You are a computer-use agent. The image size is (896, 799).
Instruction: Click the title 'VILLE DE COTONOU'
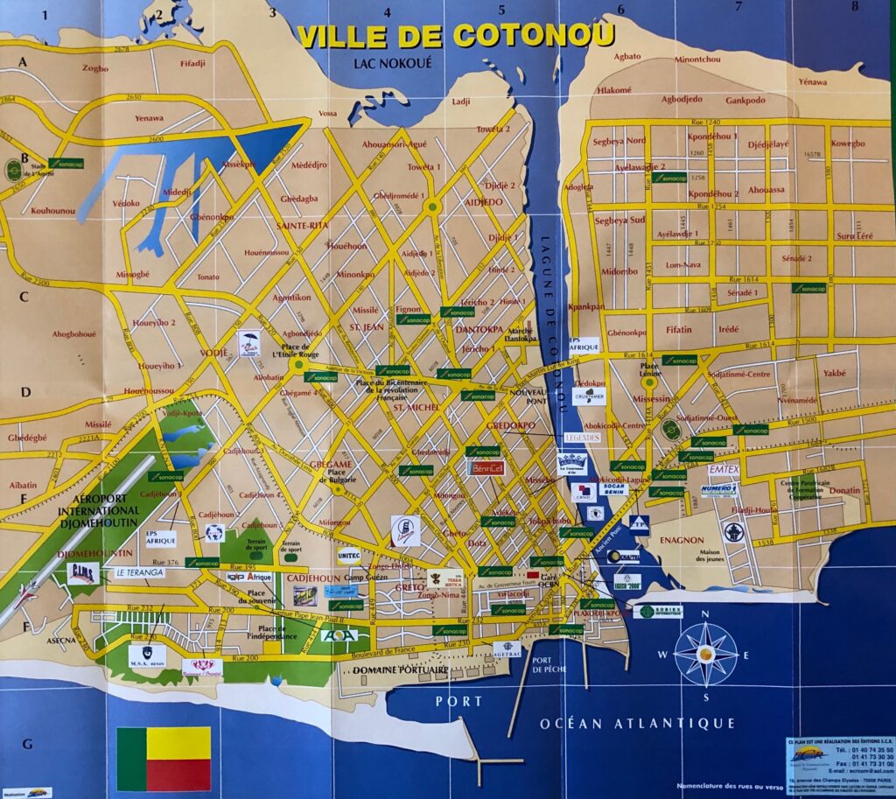[x=455, y=35]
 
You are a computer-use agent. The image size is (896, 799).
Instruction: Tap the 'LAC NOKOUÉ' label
[x=393, y=63]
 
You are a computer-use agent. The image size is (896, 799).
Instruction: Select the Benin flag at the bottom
[x=164, y=758]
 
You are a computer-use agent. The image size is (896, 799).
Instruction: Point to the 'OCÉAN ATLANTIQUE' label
[x=637, y=722]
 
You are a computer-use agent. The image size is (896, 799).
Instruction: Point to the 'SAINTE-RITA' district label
[x=302, y=225]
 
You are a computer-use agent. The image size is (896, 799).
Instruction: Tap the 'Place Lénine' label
[x=649, y=369]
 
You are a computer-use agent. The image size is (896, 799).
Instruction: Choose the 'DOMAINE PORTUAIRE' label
[x=401, y=670]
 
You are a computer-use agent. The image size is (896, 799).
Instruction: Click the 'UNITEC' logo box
[x=348, y=554]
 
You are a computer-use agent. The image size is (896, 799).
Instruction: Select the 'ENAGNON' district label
[x=682, y=540]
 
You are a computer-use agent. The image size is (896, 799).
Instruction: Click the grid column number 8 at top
[x=854, y=8]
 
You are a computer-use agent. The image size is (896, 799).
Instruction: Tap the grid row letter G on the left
[x=27, y=744]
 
